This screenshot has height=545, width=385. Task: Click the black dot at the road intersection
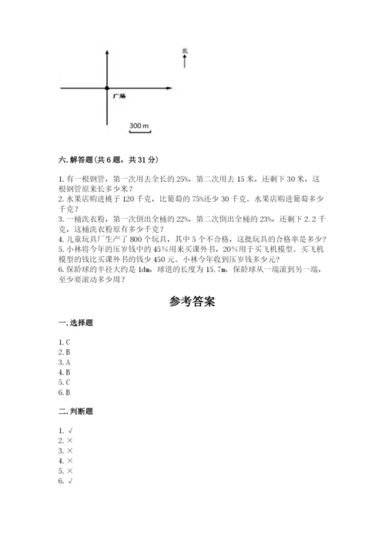coord(107,89)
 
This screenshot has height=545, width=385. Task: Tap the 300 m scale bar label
coord(139,125)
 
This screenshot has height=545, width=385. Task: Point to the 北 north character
coord(186,50)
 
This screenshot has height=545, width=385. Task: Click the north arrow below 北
coord(186,61)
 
